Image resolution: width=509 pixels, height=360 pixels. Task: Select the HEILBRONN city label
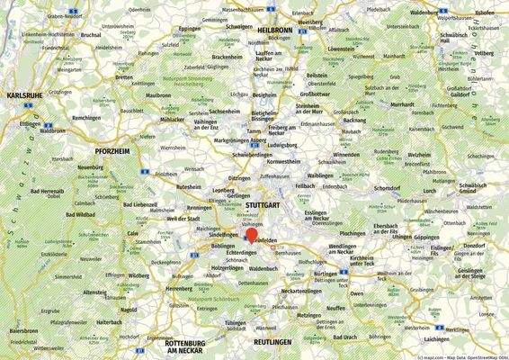click(275, 30)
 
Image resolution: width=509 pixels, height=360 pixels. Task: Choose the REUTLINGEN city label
click(273, 343)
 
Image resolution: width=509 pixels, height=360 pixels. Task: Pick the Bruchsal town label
click(91, 34)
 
